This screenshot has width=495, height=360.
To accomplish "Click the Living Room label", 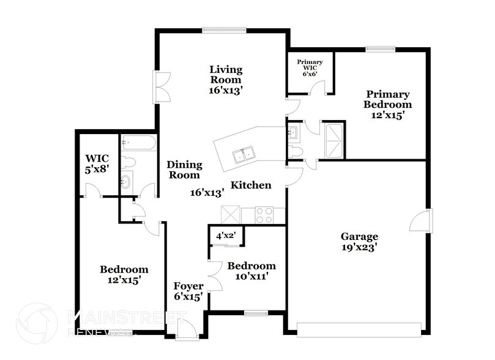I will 225,79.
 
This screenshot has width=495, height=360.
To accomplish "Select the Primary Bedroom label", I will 388,104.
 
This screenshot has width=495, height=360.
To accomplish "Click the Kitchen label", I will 251,185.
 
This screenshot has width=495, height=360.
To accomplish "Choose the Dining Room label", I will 184,170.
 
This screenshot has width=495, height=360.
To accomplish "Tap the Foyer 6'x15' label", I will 188,291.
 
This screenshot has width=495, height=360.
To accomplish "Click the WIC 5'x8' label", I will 97,164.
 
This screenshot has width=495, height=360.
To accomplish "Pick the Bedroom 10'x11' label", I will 251,271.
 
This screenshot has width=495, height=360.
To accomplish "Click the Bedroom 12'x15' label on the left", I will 124,274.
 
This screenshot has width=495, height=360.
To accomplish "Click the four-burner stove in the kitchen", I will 264,215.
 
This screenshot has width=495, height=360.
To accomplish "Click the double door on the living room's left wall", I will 160,88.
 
